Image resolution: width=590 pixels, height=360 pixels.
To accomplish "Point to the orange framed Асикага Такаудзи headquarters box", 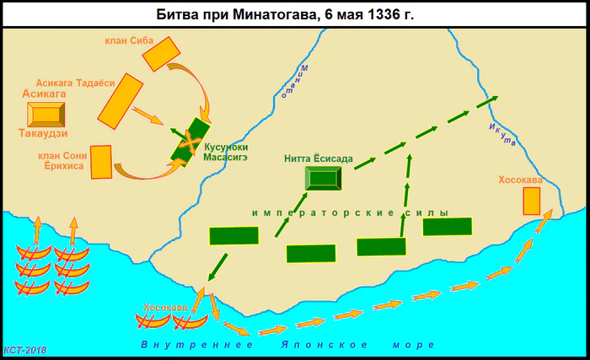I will pos(47,114).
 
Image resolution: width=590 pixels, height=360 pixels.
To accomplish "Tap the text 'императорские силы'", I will pos(349,212).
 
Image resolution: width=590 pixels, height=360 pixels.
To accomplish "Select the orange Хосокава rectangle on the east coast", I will pos(531,201).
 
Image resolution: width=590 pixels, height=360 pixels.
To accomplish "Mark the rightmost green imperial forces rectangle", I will pos(447,226).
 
